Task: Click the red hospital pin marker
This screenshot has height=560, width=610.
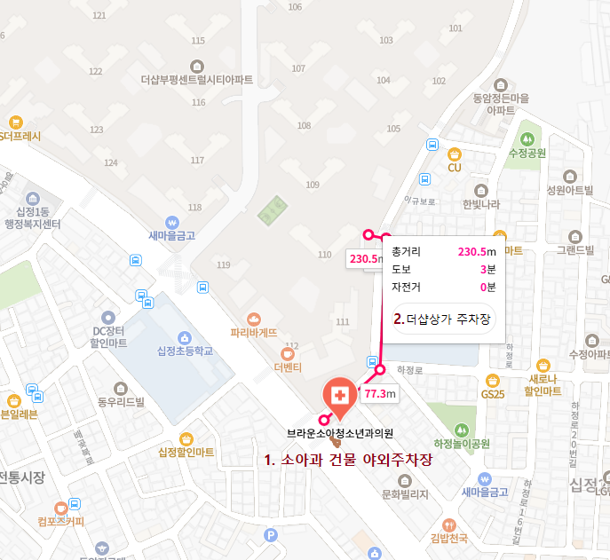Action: pos(337,395)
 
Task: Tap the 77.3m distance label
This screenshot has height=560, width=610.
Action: pos(379,393)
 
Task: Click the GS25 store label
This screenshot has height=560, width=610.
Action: pos(492,393)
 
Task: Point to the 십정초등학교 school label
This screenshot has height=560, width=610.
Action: pos(185,351)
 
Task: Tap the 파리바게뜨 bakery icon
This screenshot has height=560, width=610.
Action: pos(254,319)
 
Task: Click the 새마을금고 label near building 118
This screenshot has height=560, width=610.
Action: pos(171,236)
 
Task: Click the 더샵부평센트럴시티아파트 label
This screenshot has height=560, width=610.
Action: pos(196,80)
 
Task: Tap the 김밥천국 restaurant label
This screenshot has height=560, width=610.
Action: pos(448,538)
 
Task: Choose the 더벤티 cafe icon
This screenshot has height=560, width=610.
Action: pos(288,351)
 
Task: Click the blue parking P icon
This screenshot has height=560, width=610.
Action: pos(271,535)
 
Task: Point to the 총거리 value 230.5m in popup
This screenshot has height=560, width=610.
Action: pos(475,251)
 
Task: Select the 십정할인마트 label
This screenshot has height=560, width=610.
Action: pos(186,453)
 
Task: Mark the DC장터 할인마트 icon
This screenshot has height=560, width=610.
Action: pos(108,317)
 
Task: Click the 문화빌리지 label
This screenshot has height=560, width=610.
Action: pos(404,493)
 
